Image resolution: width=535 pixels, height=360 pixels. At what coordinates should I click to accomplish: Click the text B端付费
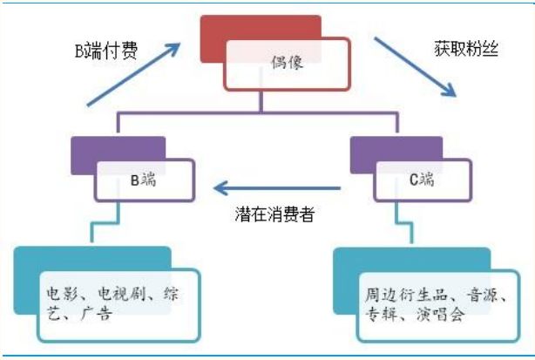(x=105, y=50)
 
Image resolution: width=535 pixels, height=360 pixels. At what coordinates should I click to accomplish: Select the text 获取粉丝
(x=466, y=50)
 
